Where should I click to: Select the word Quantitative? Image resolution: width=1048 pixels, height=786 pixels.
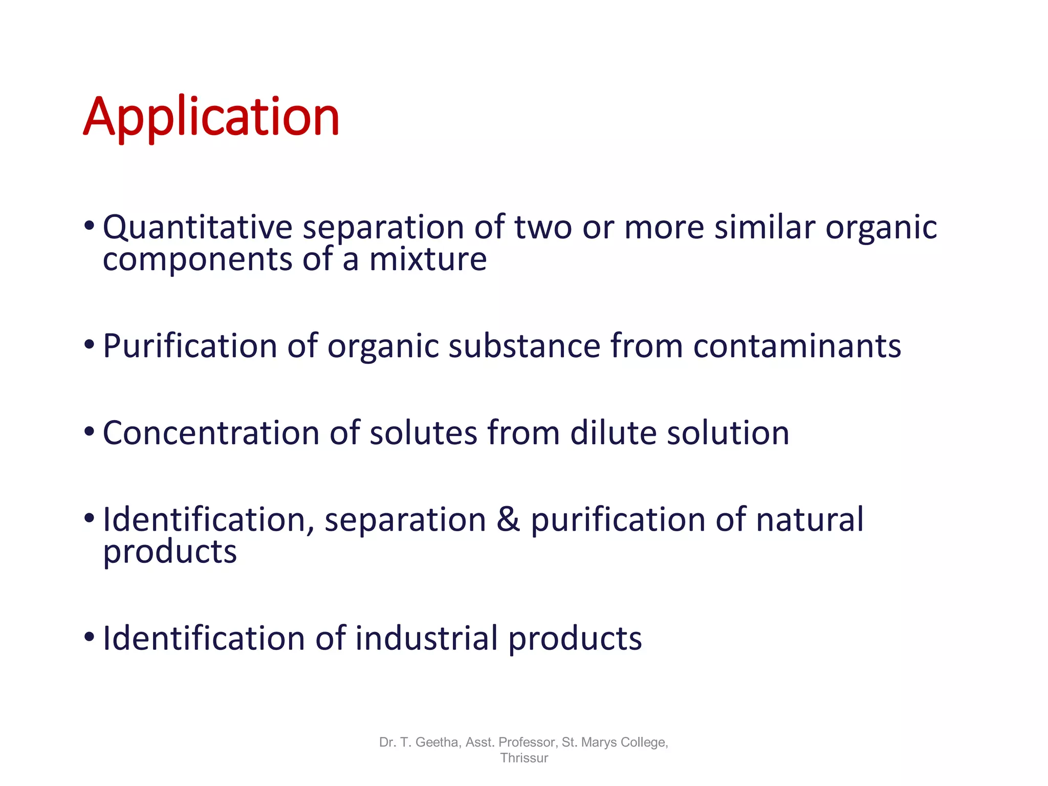(x=197, y=227)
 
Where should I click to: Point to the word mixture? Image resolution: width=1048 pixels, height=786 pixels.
(x=428, y=259)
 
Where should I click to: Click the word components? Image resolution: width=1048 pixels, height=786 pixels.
(x=197, y=260)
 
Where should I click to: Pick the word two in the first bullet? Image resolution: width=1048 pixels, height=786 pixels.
(x=543, y=227)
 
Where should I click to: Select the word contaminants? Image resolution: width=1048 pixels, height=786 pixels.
(x=797, y=346)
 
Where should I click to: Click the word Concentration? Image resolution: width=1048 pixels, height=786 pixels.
(x=211, y=433)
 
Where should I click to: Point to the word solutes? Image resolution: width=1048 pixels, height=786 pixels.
(x=423, y=433)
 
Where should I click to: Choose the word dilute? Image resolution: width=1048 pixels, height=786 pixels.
(x=613, y=433)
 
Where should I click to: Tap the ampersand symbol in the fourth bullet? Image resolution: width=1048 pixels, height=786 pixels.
(x=508, y=520)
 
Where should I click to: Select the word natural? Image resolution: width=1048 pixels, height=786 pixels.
(x=810, y=520)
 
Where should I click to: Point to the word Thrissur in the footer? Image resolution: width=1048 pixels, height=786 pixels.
(x=524, y=758)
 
